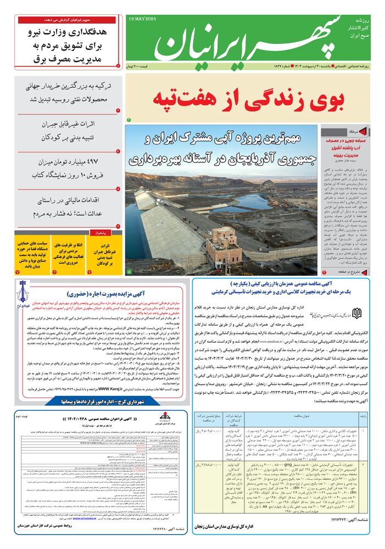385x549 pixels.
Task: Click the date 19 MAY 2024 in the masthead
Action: [142, 19]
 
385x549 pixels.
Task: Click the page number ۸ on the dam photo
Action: [129, 271]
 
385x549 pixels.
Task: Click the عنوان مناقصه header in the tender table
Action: [297, 418]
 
